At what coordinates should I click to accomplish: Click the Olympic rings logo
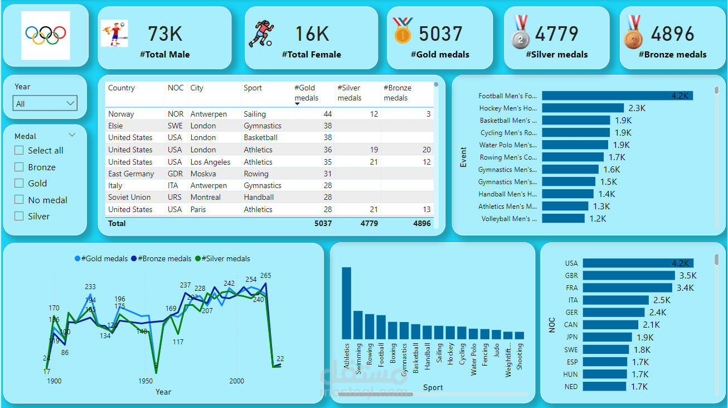[46, 35]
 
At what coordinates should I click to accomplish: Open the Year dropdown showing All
[45, 103]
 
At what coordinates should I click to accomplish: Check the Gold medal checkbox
[20, 183]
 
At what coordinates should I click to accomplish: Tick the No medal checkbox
[20, 200]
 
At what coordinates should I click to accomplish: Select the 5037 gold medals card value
[440, 34]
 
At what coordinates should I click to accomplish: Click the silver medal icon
[520, 33]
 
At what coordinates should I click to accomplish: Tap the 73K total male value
[165, 34]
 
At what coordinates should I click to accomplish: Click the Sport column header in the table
[253, 88]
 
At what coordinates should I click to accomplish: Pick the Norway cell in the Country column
[121, 114]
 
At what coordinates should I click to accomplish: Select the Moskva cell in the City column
[203, 174]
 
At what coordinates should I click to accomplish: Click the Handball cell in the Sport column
[259, 197]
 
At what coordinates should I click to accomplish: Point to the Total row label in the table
[117, 223]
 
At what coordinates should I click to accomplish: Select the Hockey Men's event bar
[583, 108]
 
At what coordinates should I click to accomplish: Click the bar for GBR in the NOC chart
[629, 275]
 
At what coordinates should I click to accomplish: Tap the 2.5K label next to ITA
[662, 300]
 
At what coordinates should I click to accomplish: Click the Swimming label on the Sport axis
[358, 358]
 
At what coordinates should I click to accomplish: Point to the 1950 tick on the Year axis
[145, 381]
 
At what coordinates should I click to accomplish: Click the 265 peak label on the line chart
[265, 276]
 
